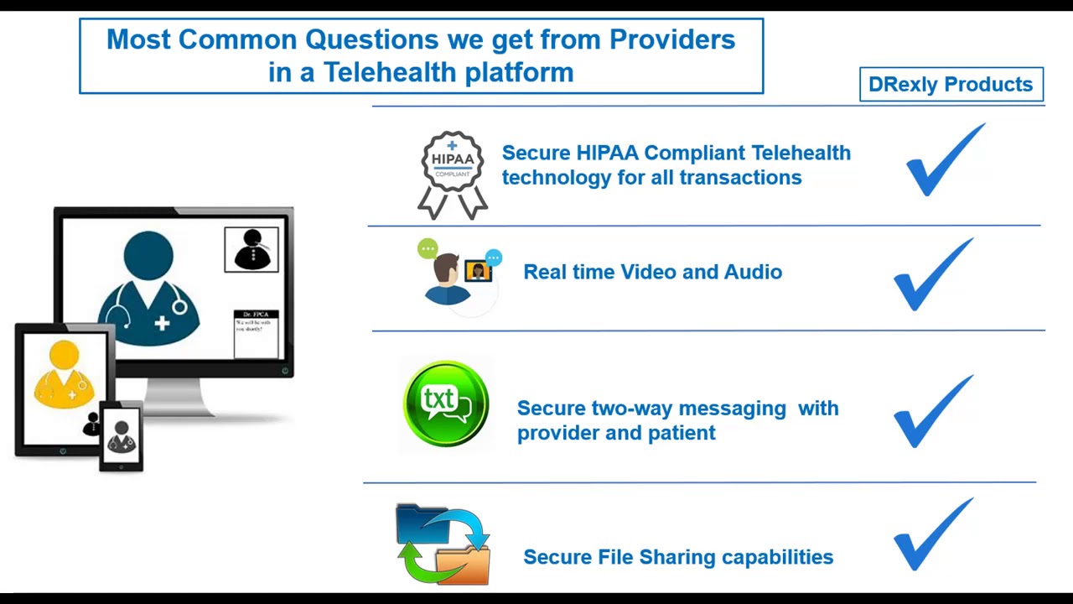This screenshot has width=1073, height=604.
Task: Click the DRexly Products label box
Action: click(951, 85)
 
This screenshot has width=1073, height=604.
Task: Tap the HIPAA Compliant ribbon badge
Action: click(453, 174)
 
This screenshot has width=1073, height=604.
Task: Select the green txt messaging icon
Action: click(446, 404)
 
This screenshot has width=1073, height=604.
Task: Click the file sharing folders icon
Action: click(443, 544)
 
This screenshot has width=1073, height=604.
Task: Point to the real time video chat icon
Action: click(459, 273)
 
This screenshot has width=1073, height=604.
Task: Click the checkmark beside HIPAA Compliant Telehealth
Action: click(944, 160)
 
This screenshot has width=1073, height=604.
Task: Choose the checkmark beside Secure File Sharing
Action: click(932, 534)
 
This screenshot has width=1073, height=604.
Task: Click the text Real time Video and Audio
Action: click(652, 272)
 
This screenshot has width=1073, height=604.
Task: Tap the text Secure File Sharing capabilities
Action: click(678, 557)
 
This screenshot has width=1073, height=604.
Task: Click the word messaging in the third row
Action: click(732, 409)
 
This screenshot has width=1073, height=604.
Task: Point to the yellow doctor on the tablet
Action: click(65, 375)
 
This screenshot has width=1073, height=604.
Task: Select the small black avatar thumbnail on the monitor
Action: click(251, 249)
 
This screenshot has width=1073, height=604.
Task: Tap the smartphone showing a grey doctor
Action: click(122, 436)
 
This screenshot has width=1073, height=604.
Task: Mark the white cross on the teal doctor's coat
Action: click(162, 323)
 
